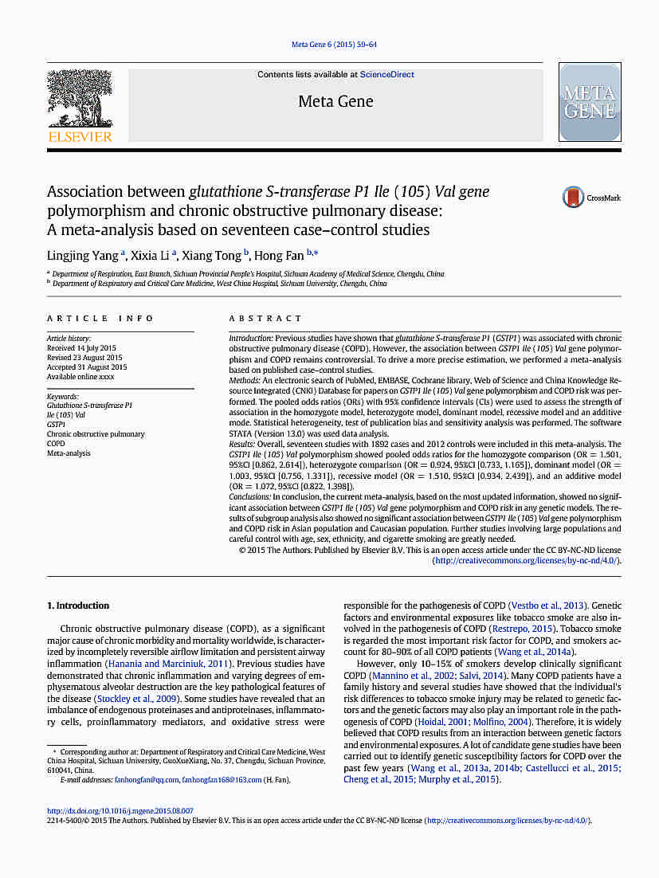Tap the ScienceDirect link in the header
point(386,75)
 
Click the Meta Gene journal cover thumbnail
point(590,103)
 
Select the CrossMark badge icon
point(574,198)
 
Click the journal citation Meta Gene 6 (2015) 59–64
point(334,45)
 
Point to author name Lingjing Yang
point(82,256)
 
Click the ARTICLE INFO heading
point(100,319)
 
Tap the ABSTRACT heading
point(266,319)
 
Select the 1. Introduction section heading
point(78,606)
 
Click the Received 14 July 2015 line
point(81,348)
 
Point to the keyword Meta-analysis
point(69,453)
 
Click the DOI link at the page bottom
point(120,811)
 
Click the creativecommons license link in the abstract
point(525,560)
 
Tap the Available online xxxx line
point(80,377)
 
